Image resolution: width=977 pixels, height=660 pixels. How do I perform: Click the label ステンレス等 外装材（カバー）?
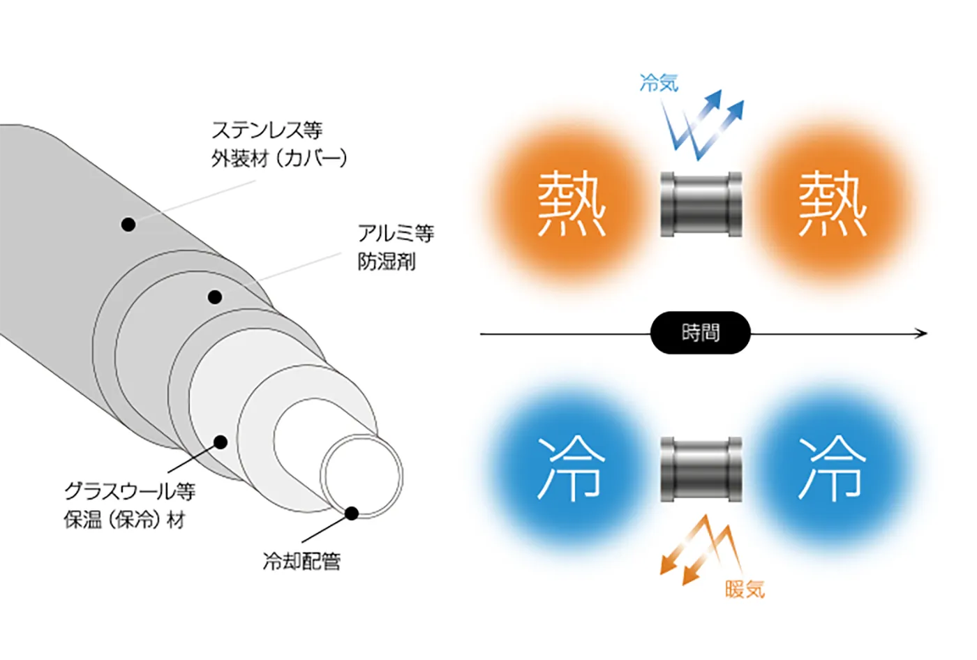click(279, 144)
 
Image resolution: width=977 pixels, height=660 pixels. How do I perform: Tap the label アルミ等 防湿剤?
click(395, 247)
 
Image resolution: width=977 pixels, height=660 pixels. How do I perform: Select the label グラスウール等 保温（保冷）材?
click(130, 505)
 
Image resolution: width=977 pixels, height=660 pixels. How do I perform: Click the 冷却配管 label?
click(301, 561)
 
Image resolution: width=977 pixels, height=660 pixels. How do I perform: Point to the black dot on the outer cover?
click(128, 224)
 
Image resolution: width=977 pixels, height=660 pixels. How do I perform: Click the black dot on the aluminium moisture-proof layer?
click(215, 297)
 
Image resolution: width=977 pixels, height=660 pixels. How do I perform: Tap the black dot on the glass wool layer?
click(221, 442)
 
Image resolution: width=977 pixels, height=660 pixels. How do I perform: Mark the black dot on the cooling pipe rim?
click(352, 513)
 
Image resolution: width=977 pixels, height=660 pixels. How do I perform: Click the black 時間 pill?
click(700, 333)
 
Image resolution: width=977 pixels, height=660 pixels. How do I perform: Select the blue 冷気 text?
click(659, 83)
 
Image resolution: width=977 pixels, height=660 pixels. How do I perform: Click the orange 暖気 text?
click(745, 590)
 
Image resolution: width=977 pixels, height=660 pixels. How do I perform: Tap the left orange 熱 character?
click(571, 204)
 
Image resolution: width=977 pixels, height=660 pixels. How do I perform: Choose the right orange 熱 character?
click(832, 204)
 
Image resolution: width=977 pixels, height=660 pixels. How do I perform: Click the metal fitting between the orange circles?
click(701, 204)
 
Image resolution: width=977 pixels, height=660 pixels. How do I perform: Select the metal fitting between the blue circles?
click(701, 469)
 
